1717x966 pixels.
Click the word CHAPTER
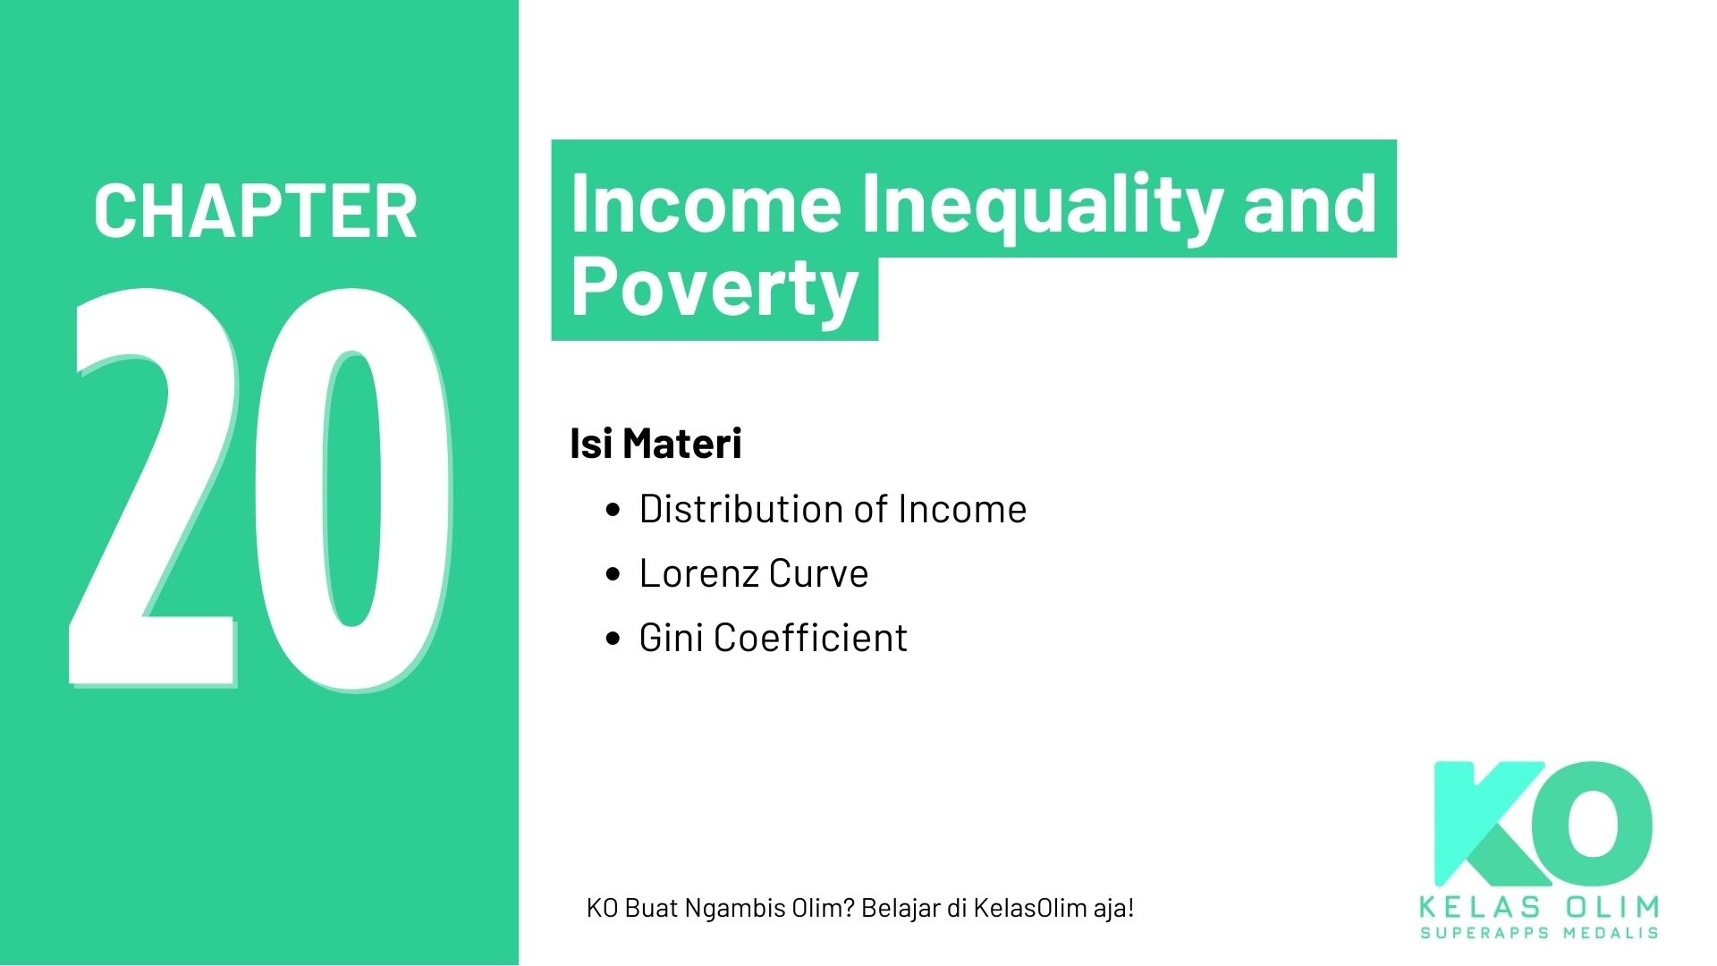pyautogui.click(x=255, y=211)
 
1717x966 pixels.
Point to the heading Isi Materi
pyautogui.click(x=656, y=444)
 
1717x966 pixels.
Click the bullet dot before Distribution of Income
pyautogui.click(x=613, y=510)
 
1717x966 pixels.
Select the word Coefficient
pyautogui.click(x=810, y=638)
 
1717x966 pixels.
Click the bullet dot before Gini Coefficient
pyautogui.click(x=613, y=639)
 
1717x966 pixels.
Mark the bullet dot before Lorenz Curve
pyautogui.click(x=613, y=574)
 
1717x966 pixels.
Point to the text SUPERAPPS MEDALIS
pyautogui.click(x=1539, y=933)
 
